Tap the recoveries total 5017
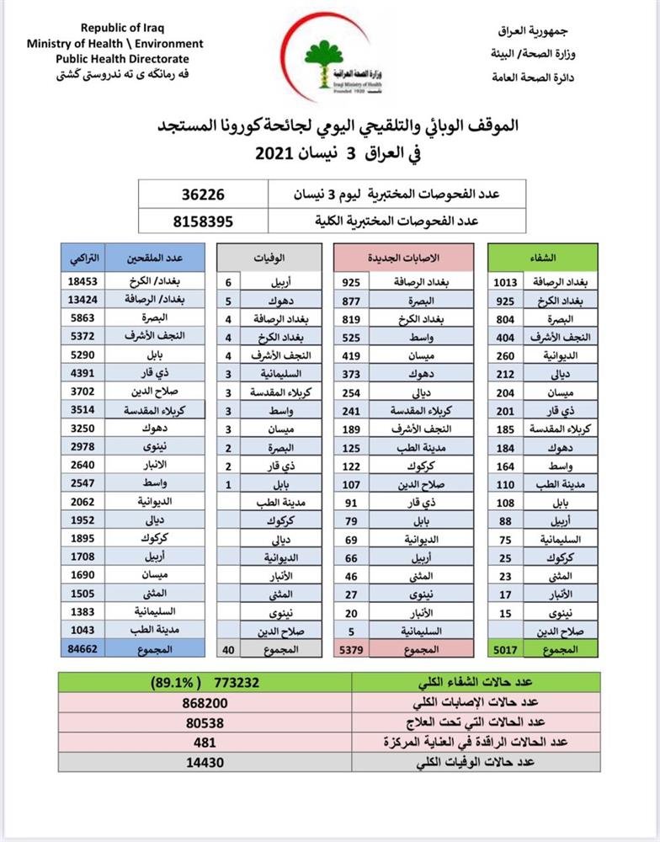(506, 649)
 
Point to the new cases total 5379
(351, 649)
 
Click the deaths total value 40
(228, 649)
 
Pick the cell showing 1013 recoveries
(506, 282)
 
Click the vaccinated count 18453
(83, 282)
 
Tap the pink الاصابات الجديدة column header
(404, 256)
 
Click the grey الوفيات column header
(269, 256)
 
